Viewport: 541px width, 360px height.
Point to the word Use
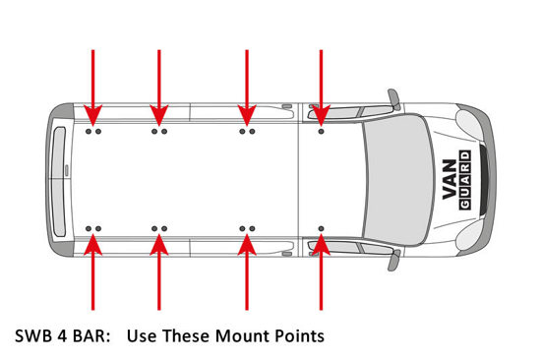click(142, 336)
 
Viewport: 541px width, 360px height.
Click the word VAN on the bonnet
click(450, 179)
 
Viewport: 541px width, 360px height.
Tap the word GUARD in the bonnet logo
click(465, 180)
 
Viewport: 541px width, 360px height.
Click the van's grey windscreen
click(398, 179)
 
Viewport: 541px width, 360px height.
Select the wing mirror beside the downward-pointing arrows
click(394, 98)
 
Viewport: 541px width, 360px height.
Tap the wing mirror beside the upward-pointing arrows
click(394, 261)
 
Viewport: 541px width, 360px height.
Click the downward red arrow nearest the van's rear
click(92, 88)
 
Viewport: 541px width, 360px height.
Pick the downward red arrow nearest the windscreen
click(322, 88)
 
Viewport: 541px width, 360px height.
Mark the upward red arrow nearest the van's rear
click(92, 272)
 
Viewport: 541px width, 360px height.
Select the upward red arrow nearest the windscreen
click(322, 272)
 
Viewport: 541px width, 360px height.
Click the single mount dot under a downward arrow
click(322, 132)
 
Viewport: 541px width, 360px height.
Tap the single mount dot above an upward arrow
click(322, 228)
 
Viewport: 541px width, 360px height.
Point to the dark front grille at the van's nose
click(484, 179)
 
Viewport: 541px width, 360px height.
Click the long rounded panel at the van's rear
click(59, 182)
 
